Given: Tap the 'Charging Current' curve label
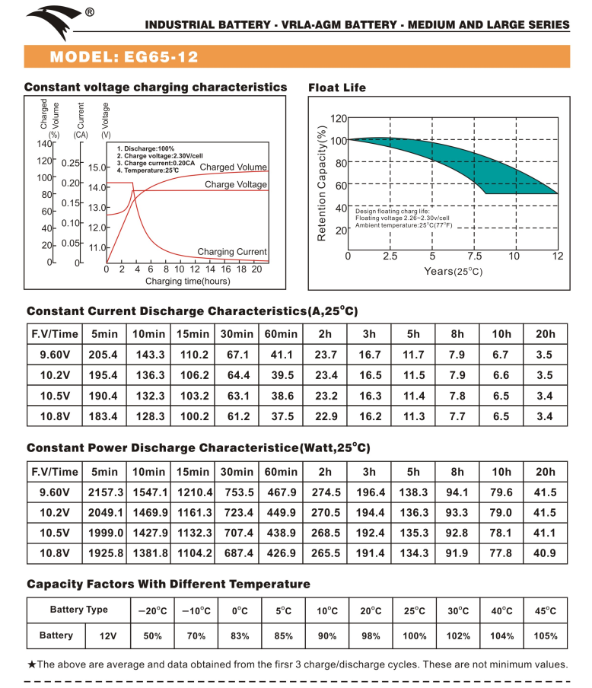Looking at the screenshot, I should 232,252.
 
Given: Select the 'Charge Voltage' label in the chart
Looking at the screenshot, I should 236,185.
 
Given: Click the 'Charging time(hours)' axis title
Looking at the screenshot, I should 187,282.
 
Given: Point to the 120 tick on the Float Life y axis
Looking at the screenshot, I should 339,118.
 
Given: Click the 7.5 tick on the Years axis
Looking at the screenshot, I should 475,256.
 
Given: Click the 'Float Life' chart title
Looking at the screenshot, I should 337,88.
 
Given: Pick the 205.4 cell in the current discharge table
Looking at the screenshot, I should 103,355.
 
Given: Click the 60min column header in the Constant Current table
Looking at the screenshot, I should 281,334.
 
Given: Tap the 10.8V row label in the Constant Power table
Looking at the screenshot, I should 54,553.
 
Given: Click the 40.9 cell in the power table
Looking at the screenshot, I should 545,553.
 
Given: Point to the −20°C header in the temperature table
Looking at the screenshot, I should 152,611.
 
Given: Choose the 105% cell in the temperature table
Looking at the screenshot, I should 545,636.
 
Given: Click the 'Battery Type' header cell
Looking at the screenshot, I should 79,610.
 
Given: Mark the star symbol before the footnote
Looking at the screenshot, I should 32,664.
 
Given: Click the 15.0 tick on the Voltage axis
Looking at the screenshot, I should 98,167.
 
